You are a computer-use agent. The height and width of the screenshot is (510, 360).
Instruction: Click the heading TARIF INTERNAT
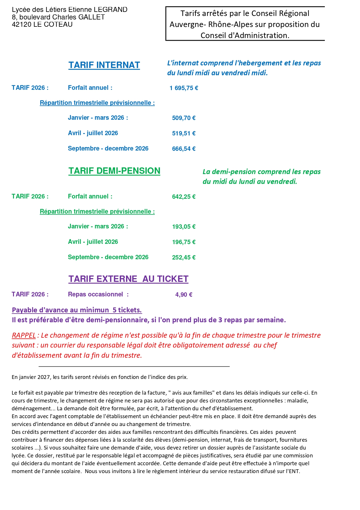pos(104,65)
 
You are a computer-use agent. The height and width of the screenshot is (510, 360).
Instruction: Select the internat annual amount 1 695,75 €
pos(184,88)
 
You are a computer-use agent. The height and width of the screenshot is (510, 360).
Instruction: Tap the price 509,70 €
pos(184,118)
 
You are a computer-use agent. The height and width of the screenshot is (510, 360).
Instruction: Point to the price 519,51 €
pos(184,133)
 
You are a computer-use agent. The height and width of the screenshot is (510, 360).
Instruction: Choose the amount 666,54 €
pos(184,149)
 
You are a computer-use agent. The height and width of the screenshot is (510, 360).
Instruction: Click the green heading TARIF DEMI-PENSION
pos(114,171)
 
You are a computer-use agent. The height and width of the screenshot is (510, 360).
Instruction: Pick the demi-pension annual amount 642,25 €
pos(184,197)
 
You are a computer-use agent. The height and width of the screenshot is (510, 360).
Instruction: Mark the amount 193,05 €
pos(184,227)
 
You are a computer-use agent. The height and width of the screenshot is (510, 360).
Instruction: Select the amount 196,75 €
pos(184,242)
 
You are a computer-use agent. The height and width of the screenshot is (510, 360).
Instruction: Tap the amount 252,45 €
pos(184,257)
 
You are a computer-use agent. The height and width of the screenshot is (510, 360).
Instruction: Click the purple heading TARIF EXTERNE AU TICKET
pos(128,279)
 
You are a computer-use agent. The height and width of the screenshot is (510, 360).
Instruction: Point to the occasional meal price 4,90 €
pos(184,295)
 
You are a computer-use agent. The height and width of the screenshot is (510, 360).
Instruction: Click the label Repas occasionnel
pos(96,294)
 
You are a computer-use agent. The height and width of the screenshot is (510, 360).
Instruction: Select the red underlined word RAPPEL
pos(24,335)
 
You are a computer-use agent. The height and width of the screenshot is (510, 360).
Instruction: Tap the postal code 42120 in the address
pos(21,24)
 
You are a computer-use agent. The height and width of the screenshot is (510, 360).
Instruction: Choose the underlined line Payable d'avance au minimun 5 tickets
pos(77,310)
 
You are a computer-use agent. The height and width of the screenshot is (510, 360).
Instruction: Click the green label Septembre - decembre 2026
pos(108,257)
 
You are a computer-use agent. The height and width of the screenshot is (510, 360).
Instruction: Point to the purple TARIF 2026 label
pos(30,294)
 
